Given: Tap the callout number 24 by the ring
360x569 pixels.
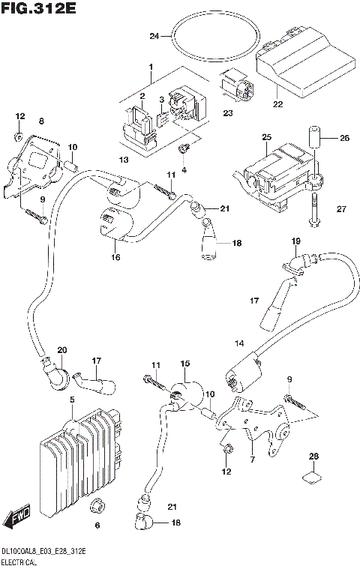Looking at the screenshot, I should click(x=154, y=35).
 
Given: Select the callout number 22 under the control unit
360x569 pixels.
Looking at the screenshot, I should click(x=278, y=103).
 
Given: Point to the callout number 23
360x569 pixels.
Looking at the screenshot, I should click(x=227, y=113).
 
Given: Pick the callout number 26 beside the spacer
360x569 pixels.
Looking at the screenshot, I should click(x=344, y=137).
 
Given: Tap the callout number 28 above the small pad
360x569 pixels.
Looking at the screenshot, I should click(x=314, y=457).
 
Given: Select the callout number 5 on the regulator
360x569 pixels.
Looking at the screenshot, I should click(x=72, y=400).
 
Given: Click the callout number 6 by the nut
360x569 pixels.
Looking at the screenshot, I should click(x=95, y=524).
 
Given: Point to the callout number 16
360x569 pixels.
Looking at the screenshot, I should click(x=115, y=256).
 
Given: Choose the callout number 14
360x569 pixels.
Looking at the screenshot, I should click(x=239, y=343).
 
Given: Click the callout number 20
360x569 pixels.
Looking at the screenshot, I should click(x=61, y=349).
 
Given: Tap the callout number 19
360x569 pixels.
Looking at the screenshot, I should click(x=295, y=241).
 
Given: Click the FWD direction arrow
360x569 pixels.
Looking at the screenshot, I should click(x=16, y=520).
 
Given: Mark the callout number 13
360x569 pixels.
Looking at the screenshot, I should click(x=124, y=160).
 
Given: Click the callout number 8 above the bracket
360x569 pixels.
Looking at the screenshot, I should click(x=41, y=121).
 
